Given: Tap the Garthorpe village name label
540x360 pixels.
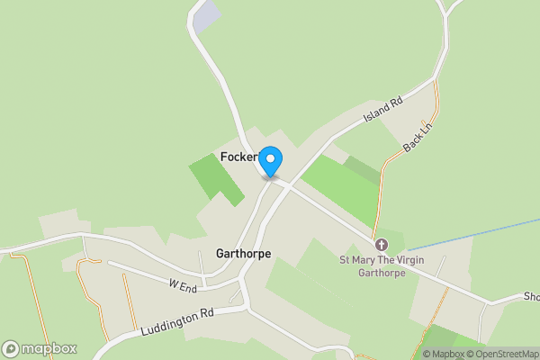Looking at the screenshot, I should coord(243,254).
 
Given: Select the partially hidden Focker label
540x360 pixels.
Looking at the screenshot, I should coord(239,157).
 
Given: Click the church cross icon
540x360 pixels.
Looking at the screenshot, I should coord(382,245).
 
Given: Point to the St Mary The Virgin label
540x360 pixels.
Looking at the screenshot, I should coord(382,260).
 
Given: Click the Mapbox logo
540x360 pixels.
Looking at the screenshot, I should coord(40,348).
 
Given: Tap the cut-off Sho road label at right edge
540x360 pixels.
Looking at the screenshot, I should coord(530,296).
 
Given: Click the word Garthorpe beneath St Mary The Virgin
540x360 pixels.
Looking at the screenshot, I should coord(382,273).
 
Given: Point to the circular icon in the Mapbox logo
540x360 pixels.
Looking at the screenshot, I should coord(12,348).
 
